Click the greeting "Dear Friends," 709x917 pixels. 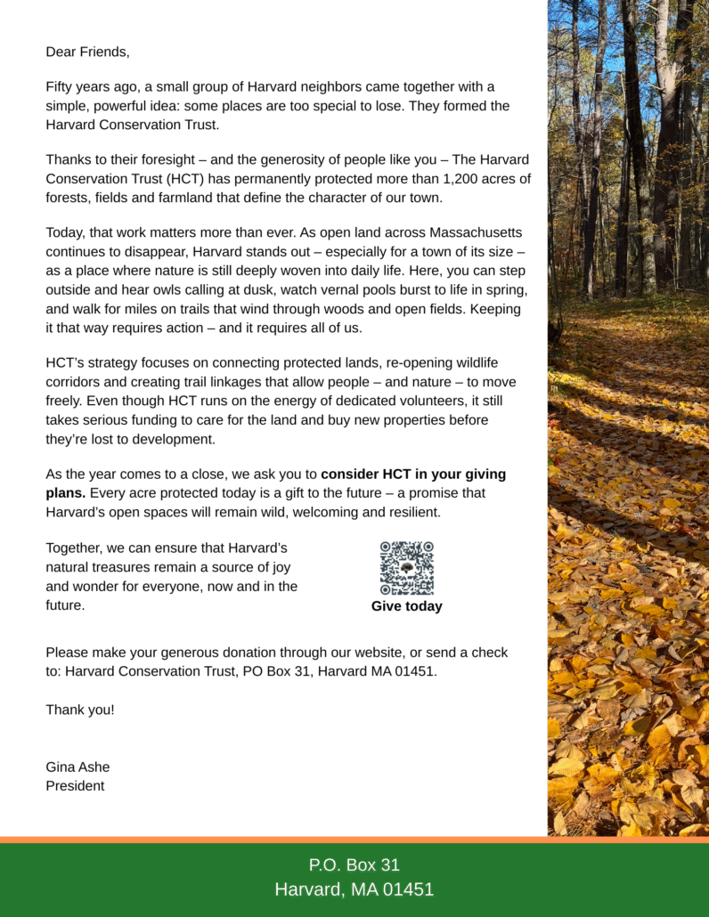(x=87, y=52)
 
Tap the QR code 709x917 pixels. (x=406, y=568)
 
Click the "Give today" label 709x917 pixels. (x=406, y=606)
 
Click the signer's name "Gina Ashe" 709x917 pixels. (x=77, y=767)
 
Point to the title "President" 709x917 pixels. (x=75, y=785)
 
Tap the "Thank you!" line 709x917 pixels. (x=80, y=710)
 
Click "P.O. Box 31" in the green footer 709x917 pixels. (x=354, y=864)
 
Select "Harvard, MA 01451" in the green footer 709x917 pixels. (x=354, y=889)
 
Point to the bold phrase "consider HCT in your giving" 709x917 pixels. (x=413, y=474)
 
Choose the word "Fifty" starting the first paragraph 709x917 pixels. (x=61, y=87)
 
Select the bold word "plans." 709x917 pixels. (x=66, y=492)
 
